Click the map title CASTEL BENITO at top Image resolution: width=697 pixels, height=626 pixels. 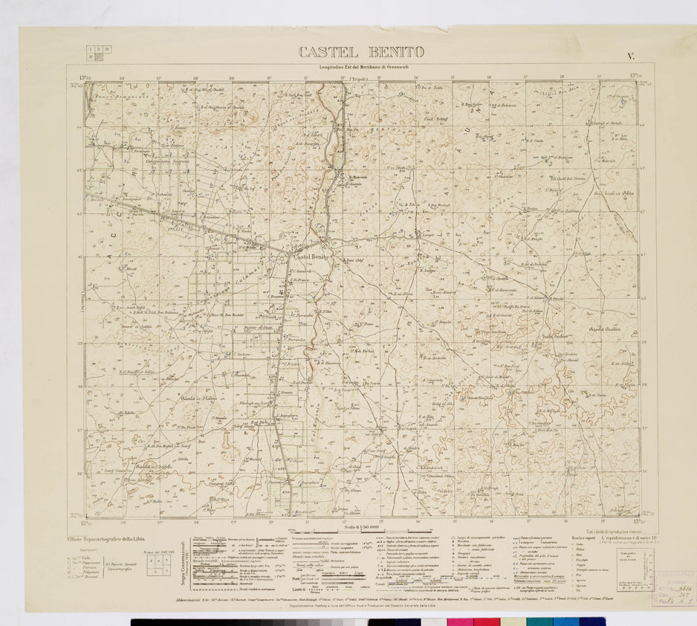coord(361,52)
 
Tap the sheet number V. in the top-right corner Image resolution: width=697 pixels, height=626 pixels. coord(630,55)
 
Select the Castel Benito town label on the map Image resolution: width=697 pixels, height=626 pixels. coord(312,256)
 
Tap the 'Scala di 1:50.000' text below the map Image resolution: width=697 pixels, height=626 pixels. coord(361,526)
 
